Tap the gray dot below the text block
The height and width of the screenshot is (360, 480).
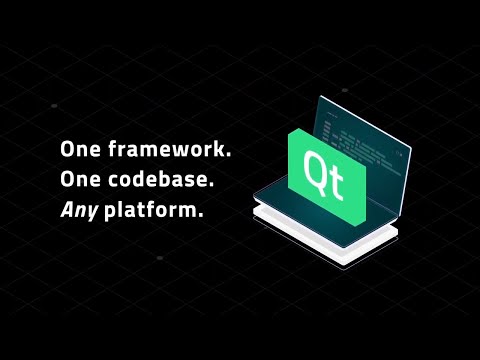pyautogui.click(x=160, y=258)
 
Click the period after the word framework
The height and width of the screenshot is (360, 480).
pyautogui.click(x=228, y=156)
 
